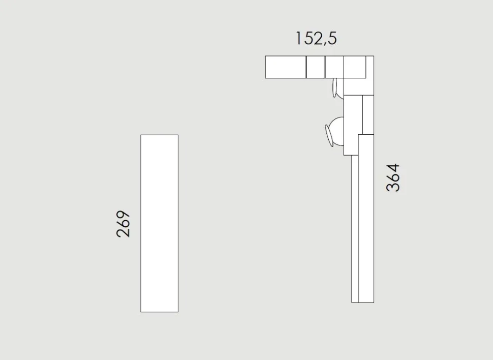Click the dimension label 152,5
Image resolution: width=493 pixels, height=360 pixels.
coord(316,39)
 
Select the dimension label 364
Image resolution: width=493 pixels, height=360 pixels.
coord(393,177)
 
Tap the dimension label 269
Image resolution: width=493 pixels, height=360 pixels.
coord(123,224)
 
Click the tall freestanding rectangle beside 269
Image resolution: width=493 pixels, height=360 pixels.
coord(160,223)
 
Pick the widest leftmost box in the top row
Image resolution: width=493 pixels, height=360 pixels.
coord(286,67)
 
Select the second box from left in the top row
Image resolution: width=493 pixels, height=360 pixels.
coord(316,67)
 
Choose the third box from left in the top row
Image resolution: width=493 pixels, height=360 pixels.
coord(334,67)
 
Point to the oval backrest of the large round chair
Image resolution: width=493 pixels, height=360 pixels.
coord(328,136)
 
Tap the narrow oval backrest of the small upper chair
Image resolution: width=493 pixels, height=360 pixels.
coord(334,88)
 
